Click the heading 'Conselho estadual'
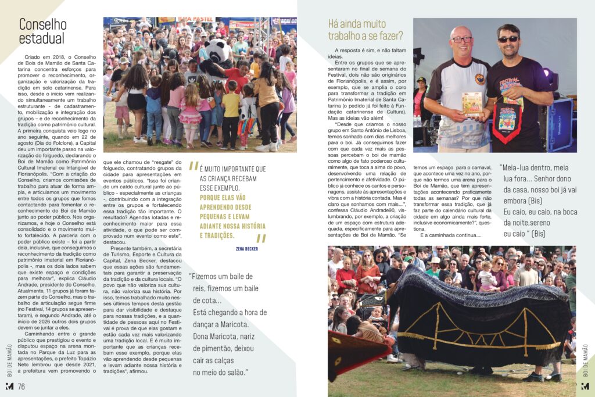pos(42,31)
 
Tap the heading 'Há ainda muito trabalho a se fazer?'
pos(365,30)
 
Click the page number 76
pos(21,387)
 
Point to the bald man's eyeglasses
pos(462,40)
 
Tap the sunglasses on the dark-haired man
pos(508,39)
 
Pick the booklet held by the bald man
pos(472,104)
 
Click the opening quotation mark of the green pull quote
pos(194,166)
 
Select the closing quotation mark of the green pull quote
pos(261,238)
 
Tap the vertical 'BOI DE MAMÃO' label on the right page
pos(585,357)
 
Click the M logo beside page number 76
pos(9,387)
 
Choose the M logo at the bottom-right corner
pos(585,387)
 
